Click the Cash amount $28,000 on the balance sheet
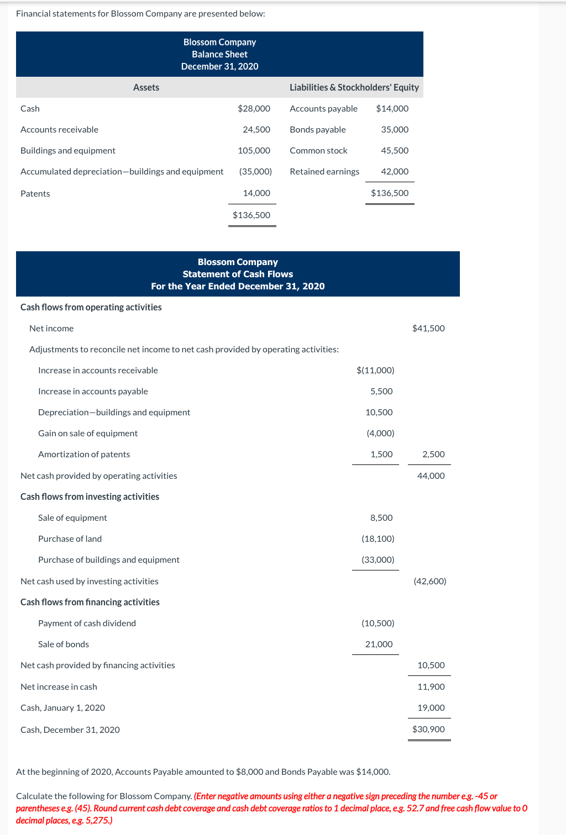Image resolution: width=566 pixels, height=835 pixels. [254, 108]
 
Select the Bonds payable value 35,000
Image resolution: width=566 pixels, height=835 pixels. [395, 129]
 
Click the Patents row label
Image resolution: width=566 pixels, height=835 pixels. [35, 193]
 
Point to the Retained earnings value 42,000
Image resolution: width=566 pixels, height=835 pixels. [395, 171]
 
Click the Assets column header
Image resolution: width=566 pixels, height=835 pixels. [146, 87]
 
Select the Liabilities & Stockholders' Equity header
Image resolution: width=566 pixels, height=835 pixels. [354, 87]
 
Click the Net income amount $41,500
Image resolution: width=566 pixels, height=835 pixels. [428, 328]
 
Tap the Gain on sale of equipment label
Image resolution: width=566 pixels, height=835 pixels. [88, 433]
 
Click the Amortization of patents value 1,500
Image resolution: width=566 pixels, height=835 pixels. [381, 454]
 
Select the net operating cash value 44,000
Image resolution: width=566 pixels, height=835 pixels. [431, 475]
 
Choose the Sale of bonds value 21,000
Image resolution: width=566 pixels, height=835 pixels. [379, 644]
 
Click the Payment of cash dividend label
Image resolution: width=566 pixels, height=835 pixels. [87, 623]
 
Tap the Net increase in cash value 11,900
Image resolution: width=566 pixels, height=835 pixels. [431, 686]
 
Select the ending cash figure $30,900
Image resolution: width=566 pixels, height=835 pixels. [428, 729]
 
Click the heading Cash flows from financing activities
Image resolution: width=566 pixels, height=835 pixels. [90, 602]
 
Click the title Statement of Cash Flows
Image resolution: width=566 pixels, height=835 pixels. [238, 274]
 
